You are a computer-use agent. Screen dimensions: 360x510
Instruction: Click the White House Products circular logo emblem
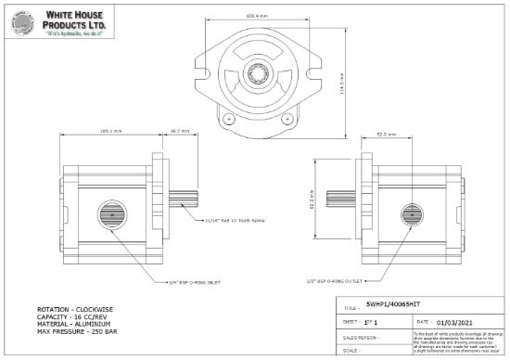click(x=21, y=22)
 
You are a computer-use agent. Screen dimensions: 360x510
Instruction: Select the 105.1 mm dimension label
click(x=110, y=132)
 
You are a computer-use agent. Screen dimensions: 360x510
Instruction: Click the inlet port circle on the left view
click(x=116, y=214)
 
